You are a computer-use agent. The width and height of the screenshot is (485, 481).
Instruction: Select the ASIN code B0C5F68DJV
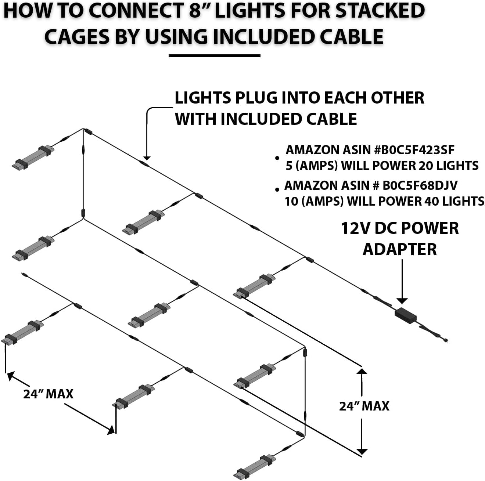click(x=420, y=185)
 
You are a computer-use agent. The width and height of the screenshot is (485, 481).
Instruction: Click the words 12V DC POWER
click(x=400, y=228)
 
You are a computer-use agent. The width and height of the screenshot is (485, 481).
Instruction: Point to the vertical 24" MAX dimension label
click(x=364, y=406)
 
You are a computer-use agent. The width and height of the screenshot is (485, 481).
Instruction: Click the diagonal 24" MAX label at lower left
click(x=48, y=394)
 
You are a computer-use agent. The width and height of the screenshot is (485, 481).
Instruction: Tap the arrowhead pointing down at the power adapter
click(x=402, y=301)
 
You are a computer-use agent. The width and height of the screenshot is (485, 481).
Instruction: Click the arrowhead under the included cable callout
click(x=147, y=158)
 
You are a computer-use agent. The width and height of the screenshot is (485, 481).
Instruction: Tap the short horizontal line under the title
click(x=214, y=56)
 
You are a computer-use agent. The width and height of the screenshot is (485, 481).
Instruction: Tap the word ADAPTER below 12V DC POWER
click(x=400, y=250)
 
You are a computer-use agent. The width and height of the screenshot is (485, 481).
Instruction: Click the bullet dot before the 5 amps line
click(x=277, y=158)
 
